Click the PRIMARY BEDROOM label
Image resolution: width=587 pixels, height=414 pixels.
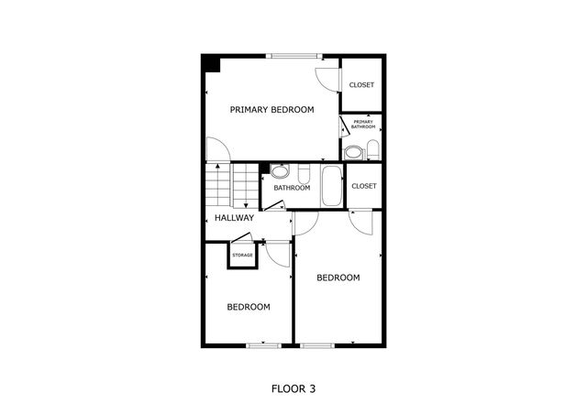(271, 110)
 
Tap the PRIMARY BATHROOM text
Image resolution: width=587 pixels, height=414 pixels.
(363, 125)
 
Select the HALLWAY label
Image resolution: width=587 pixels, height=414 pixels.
(234, 218)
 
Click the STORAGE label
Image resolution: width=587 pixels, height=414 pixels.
(242, 255)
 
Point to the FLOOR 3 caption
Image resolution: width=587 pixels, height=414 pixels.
(293, 388)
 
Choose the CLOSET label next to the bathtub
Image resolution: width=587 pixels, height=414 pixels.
(364, 186)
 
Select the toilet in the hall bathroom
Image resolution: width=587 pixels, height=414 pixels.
(305, 173)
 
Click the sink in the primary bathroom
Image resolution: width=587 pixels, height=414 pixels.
(353, 152)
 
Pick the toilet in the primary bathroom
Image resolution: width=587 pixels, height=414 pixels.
(373, 150)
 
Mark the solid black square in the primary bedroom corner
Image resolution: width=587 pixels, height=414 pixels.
(211, 64)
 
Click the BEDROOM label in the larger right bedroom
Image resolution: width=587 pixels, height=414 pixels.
(338, 278)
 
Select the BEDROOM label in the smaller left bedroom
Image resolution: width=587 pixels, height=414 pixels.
(249, 307)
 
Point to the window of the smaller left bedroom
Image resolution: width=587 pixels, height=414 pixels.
(263, 345)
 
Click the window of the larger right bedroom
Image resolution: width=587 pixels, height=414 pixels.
(317, 345)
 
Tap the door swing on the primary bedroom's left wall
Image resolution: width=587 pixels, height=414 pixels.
(216, 150)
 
